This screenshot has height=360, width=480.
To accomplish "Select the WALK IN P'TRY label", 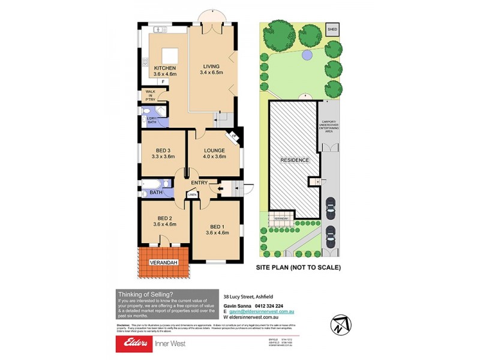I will pyautogui.click(x=150, y=95).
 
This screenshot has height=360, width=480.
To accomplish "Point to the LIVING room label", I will pyautogui.click(x=211, y=66).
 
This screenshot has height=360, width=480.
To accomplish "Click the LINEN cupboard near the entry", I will pyautogui.click(x=192, y=194).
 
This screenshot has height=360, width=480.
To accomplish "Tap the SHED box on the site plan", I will pyautogui.click(x=332, y=29).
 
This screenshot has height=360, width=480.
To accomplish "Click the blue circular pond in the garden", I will pyautogui.click(x=307, y=55).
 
